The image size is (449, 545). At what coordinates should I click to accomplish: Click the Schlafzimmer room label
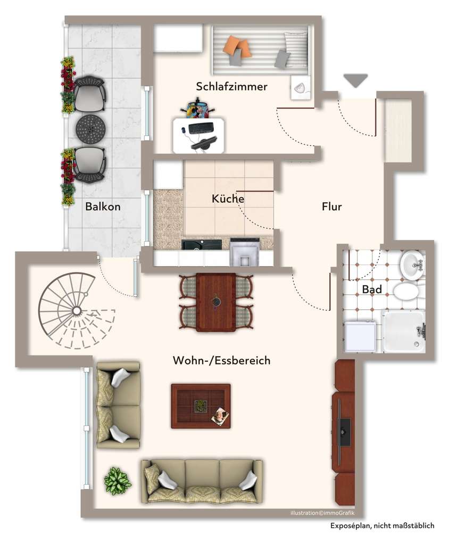pos(231,87)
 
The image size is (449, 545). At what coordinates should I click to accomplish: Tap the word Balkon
pos(103,207)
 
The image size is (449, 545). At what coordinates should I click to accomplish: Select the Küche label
pos(228,199)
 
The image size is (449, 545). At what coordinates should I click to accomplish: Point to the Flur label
pos(331,207)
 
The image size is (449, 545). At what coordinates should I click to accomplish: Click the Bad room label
pos(372,290)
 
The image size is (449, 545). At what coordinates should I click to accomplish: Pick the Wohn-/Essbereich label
pos(221,361)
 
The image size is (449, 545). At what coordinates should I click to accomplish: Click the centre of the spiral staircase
pos(77,310)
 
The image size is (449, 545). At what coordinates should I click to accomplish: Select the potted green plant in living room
pos(118,480)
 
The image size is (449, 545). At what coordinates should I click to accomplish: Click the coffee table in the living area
pos(201,406)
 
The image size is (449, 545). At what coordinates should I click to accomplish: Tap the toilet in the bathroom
pos(407,292)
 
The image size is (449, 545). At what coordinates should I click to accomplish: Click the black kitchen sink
pos(202,245)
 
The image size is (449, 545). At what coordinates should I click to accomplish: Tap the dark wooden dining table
pos(215,302)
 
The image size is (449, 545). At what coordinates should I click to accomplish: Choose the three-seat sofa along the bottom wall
pos(202,481)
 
